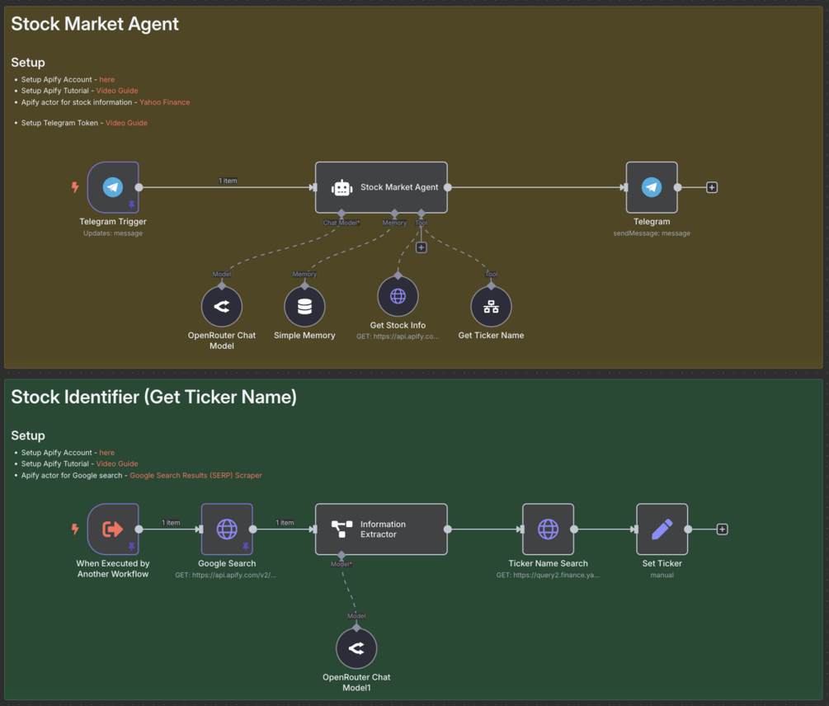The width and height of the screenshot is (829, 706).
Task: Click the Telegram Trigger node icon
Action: coord(113,187)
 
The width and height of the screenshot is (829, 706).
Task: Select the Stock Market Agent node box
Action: coord(381,187)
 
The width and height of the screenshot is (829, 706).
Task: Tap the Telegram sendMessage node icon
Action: coord(652,187)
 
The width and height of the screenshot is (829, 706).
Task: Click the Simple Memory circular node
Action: coord(304,307)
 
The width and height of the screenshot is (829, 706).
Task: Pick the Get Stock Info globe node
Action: coord(398,296)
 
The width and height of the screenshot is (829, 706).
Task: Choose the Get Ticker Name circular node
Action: coord(491,307)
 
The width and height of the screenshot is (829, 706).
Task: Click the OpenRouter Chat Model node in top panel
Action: coord(222,307)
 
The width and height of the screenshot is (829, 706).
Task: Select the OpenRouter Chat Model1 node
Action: coord(356,648)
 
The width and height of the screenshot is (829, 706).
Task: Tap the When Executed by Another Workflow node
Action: coord(113,529)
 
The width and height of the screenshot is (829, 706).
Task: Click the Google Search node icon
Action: coord(227,529)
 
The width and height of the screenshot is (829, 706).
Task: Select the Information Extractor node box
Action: coord(381,529)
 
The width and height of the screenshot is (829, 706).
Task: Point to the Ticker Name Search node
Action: coord(548,529)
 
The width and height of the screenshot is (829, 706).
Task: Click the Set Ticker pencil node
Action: coord(662,529)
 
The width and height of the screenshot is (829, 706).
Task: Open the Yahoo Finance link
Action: coord(164,102)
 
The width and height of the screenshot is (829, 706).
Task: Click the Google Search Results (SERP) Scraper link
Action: coord(195,475)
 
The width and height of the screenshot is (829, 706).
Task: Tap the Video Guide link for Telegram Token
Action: coord(126,123)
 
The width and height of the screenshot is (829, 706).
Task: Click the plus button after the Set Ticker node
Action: coord(722,529)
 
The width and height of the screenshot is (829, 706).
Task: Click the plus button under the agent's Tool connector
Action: coord(421,247)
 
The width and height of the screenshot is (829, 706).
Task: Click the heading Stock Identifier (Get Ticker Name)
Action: coord(153,398)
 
